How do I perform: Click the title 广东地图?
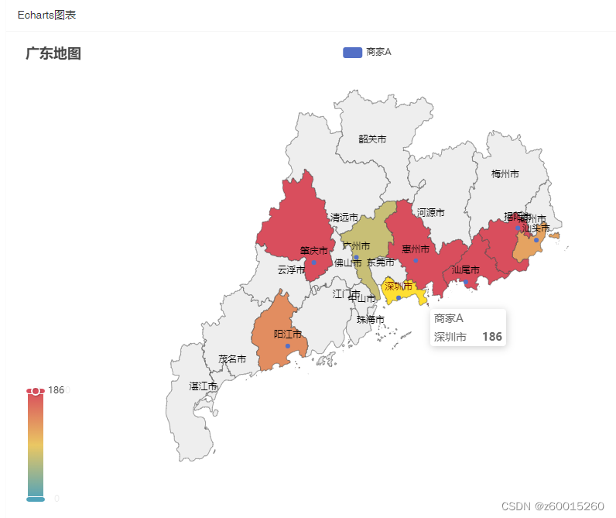pyautogui.click(x=53, y=53)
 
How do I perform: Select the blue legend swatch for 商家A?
pyautogui.click(x=352, y=52)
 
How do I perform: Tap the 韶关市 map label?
pyautogui.click(x=372, y=139)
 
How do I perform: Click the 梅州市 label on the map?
pyautogui.click(x=505, y=174)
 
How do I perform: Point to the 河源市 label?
pyautogui.click(x=431, y=212)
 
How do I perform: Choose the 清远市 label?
pyautogui.click(x=344, y=218)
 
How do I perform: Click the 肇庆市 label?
pyautogui.click(x=314, y=251)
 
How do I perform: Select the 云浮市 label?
pyautogui.click(x=292, y=270)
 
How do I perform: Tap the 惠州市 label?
pyautogui.click(x=416, y=249)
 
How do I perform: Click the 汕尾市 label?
pyautogui.click(x=466, y=270)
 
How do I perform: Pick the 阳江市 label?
pyautogui.click(x=288, y=334)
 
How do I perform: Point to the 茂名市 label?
pyautogui.click(x=232, y=359)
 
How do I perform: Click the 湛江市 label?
pyautogui.click(x=204, y=386)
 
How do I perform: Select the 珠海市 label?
pyautogui.click(x=371, y=319)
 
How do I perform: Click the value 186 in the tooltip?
pyautogui.click(x=491, y=337)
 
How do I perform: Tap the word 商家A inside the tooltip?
pyautogui.click(x=449, y=318)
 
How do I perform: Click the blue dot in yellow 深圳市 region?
pyautogui.click(x=399, y=298)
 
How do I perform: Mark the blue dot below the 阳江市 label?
pyautogui.click(x=288, y=346)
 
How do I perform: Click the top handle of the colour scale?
pyautogui.click(x=36, y=391)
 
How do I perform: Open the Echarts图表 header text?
pyautogui.click(x=46, y=15)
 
